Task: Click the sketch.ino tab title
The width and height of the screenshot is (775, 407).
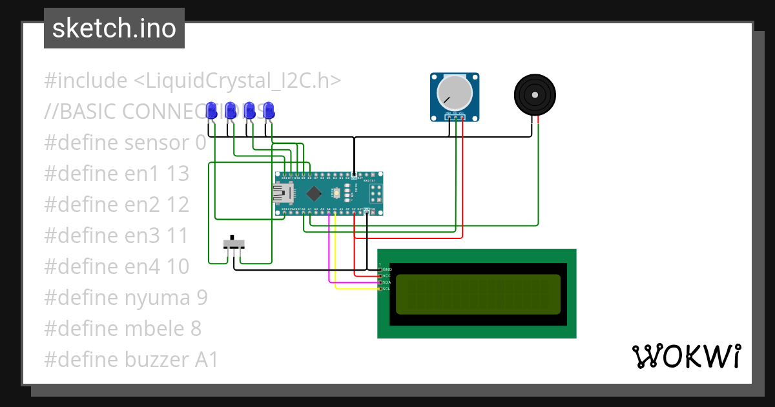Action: pos(114,28)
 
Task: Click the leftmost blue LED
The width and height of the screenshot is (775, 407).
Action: pos(211,110)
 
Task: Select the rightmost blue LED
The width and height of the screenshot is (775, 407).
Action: pos(269,110)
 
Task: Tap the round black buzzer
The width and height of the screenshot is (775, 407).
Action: pos(535,94)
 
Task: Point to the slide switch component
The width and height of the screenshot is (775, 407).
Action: pos(234,244)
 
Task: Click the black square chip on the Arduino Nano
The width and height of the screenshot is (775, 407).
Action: pos(315,193)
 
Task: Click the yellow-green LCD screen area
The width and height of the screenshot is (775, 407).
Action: pos(478,294)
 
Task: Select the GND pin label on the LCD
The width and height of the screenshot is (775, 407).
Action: pos(387,269)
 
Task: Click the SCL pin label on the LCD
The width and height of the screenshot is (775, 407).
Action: pos(387,288)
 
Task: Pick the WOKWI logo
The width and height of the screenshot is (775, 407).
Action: pos(686,356)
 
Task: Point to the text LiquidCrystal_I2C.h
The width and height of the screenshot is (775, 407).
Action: pos(237,81)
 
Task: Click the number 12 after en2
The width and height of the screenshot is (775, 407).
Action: pos(177,204)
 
